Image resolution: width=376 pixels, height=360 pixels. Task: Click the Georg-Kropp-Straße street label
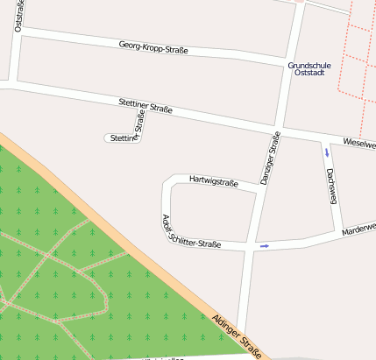pos(153,47)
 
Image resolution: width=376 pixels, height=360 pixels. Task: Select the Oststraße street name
pos(19,17)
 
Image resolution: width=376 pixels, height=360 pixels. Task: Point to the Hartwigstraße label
pos(214,180)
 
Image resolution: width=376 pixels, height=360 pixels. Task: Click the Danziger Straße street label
pos(270,159)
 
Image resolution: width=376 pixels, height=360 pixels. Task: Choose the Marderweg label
pos(358,229)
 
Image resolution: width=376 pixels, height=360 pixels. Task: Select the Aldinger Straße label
pos(237,336)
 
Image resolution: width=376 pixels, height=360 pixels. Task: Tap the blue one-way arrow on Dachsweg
pos(327,152)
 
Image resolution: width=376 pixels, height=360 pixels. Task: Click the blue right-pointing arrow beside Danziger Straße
pos(264,246)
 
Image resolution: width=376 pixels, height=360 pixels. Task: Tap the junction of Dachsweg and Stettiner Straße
pos(323,137)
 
